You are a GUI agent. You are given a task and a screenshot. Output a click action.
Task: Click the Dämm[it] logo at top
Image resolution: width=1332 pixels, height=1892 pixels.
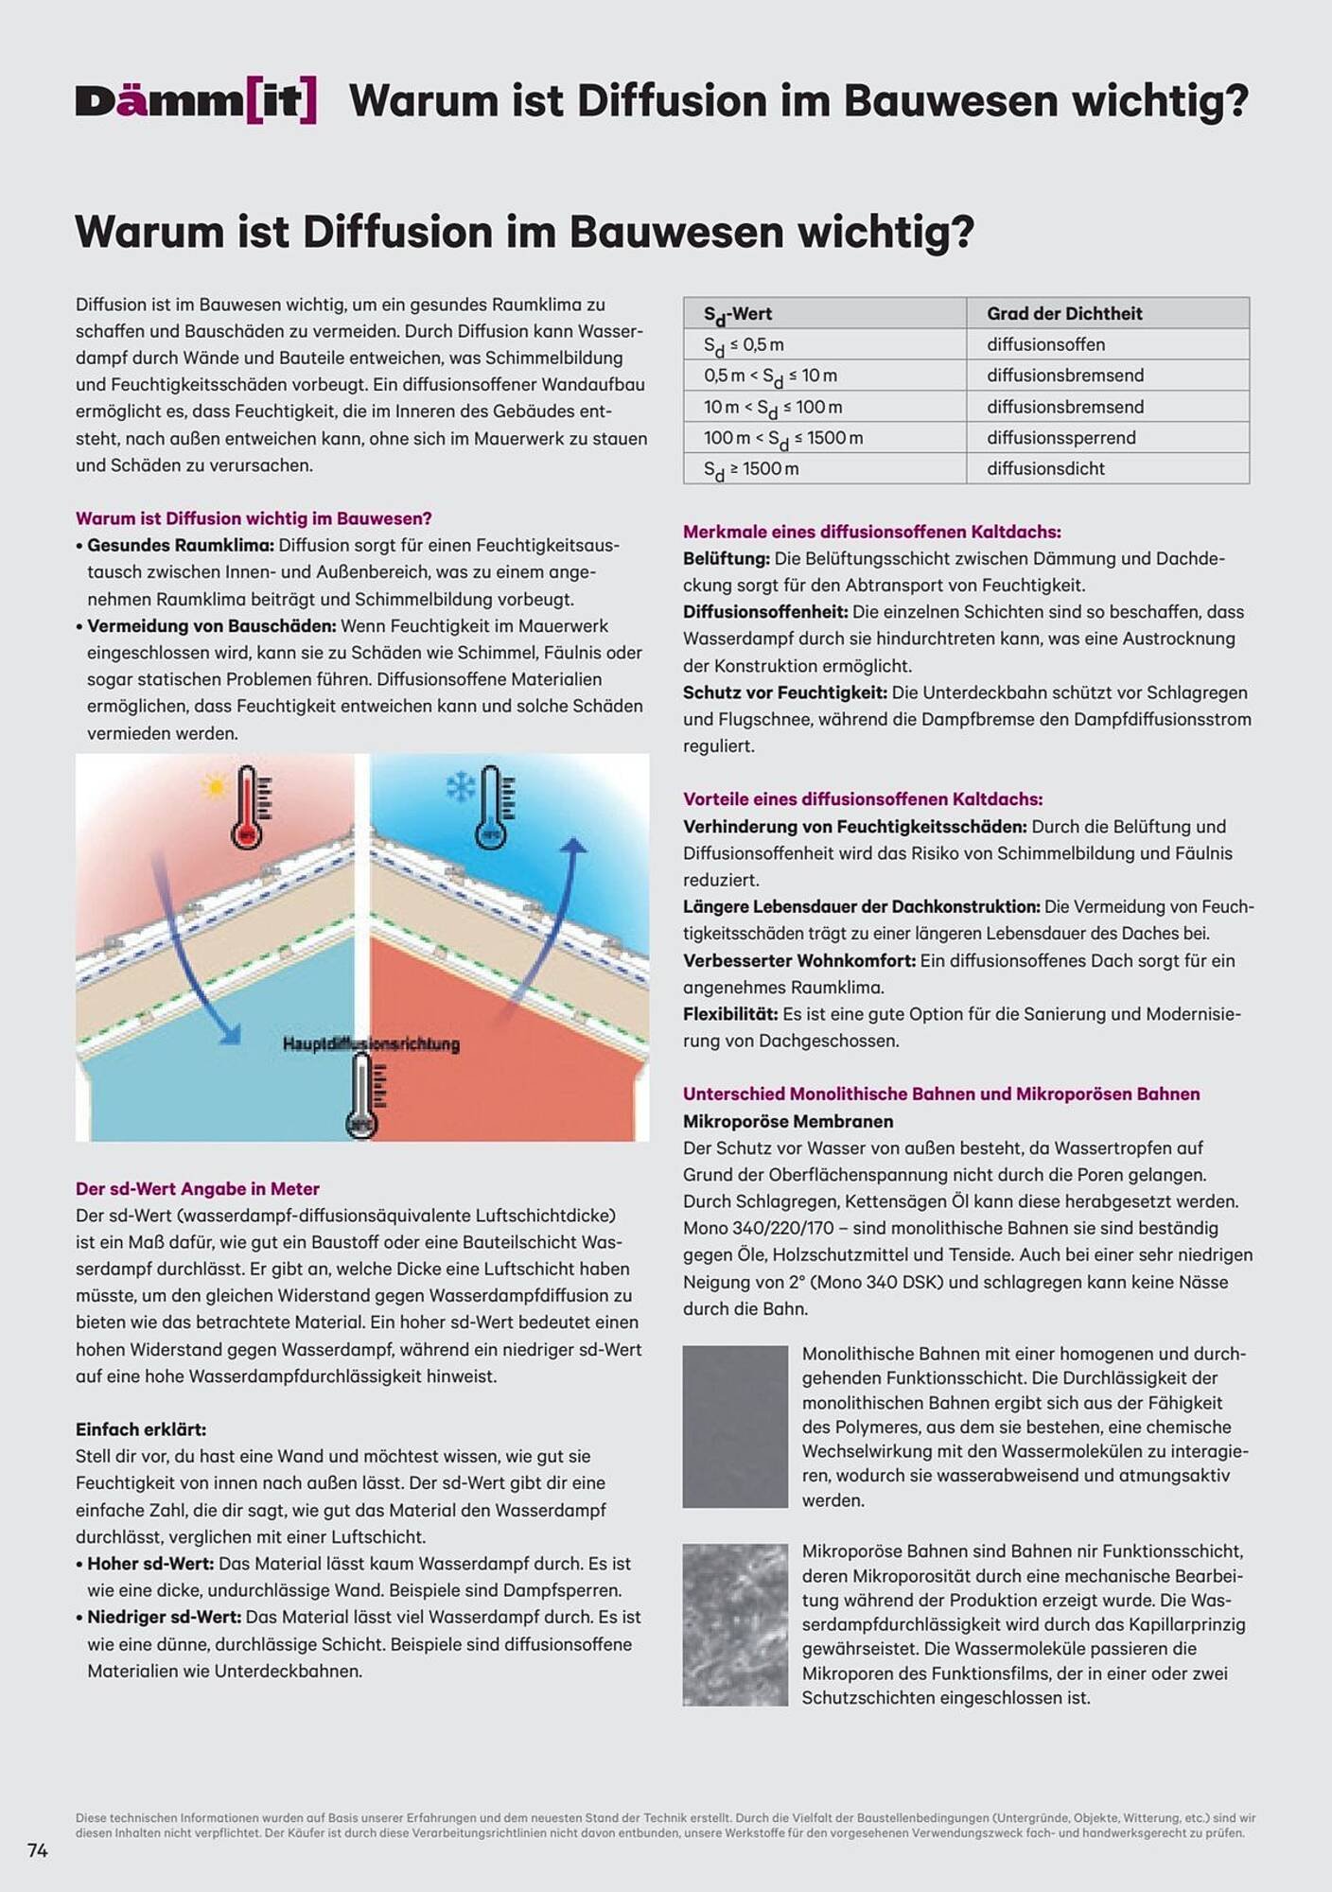196,101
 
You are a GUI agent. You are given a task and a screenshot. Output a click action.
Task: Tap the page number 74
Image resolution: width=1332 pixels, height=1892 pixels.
38,1849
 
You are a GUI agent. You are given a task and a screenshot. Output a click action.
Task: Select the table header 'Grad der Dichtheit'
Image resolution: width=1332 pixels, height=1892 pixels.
1063,313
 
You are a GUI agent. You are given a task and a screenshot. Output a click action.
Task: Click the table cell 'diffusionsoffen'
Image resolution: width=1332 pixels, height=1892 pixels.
1045,344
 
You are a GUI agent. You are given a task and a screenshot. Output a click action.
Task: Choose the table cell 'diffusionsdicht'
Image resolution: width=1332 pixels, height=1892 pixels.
1045,468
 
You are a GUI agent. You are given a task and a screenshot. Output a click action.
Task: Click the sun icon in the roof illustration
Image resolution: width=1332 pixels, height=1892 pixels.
214,786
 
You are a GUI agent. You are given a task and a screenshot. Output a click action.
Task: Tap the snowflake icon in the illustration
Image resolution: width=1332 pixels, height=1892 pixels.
460,787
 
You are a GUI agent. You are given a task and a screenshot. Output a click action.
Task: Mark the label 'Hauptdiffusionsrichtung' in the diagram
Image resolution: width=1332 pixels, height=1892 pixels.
371,1043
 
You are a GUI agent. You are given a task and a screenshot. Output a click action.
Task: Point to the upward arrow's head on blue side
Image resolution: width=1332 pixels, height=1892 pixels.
572,844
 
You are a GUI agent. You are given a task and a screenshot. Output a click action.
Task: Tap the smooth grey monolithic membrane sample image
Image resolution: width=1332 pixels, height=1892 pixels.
735,1426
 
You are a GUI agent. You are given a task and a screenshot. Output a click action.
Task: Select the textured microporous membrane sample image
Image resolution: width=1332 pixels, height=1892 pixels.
735,1624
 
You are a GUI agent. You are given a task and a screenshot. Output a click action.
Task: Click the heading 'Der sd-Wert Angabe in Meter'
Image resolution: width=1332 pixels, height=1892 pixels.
197,1188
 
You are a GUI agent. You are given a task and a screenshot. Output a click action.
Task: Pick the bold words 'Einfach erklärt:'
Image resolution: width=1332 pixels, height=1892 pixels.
140,1428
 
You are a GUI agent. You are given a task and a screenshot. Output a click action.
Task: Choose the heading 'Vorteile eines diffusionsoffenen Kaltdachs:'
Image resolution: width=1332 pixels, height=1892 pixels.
862,799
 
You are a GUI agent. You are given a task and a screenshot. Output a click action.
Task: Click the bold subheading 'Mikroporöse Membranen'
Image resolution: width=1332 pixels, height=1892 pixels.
787,1121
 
